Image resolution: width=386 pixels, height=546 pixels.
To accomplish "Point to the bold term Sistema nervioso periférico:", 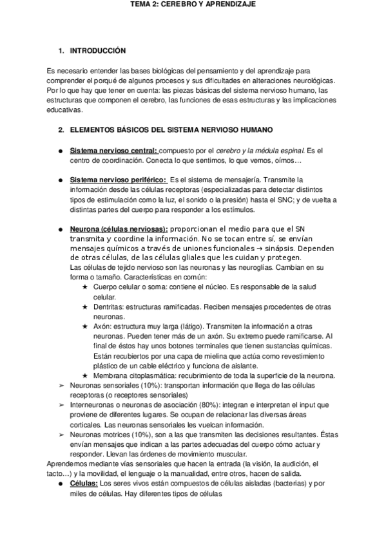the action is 118,180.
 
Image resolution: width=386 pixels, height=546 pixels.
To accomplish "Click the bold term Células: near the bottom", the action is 84,483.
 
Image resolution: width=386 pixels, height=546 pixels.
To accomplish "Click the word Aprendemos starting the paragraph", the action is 66,464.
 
